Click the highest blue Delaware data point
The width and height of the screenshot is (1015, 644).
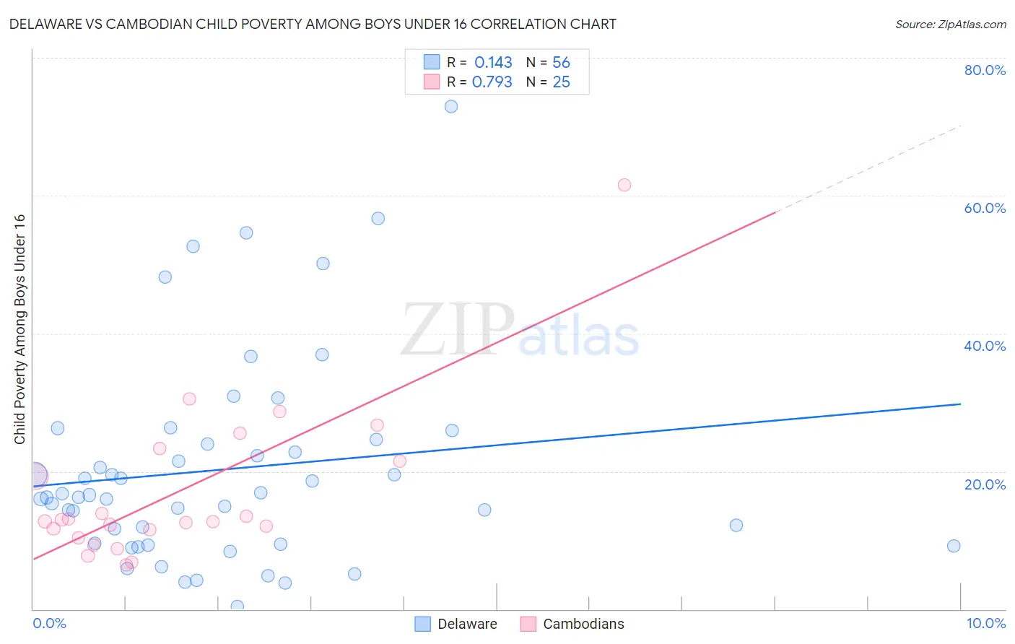[451, 106]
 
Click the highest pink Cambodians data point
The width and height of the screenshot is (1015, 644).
[624, 185]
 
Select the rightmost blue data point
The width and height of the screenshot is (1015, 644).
[954, 546]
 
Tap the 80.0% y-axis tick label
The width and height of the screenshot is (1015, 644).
[985, 70]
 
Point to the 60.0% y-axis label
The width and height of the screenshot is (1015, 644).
[985, 208]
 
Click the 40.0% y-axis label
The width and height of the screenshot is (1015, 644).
[985, 346]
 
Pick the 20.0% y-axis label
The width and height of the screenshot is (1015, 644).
[985, 484]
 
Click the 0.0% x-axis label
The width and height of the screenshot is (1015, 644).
[49, 623]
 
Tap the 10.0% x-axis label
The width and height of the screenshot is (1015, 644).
[985, 623]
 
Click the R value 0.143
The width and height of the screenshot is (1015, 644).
[493, 63]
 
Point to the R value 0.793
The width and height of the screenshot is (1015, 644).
[492, 82]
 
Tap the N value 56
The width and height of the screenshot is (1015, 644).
[561, 63]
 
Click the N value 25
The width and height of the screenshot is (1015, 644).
[561, 82]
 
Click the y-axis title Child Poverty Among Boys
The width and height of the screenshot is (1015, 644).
[19, 329]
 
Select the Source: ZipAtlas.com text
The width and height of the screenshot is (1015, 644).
[950, 25]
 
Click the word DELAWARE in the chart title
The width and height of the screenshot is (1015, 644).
[45, 24]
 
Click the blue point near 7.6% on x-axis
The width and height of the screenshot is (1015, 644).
[736, 525]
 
